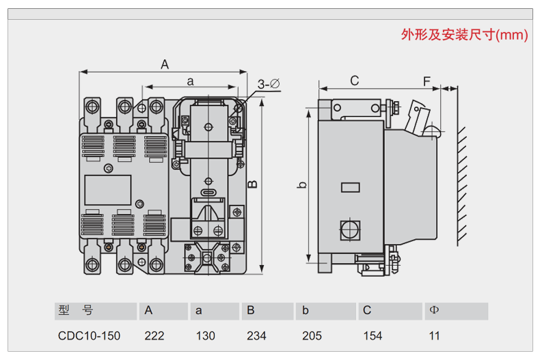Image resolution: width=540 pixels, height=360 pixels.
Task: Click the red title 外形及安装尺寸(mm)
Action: click(x=464, y=35)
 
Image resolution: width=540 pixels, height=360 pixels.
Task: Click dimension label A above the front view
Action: click(x=165, y=64)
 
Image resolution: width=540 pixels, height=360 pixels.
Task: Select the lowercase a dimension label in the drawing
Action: click(x=191, y=81)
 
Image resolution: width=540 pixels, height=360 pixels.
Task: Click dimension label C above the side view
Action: click(x=354, y=81)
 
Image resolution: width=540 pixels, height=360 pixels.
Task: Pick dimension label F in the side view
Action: click(x=427, y=81)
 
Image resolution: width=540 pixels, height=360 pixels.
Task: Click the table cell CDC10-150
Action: click(x=89, y=335)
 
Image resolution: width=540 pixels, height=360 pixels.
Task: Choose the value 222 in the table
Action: click(x=154, y=335)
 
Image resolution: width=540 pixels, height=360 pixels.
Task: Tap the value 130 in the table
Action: click(x=205, y=335)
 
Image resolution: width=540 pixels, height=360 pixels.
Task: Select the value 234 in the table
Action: click(x=257, y=335)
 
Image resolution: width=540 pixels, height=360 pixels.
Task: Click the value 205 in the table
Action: click(x=312, y=335)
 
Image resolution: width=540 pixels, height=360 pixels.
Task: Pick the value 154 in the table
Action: click(x=373, y=335)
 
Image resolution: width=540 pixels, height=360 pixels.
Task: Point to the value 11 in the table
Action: click(x=435, y=335)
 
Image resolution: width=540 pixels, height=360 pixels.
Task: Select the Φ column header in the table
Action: click(x=433, y=311)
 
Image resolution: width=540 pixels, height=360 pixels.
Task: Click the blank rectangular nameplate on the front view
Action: click(x=107, y=190)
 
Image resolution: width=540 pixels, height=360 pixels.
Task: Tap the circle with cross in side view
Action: click(x=350, y=229)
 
